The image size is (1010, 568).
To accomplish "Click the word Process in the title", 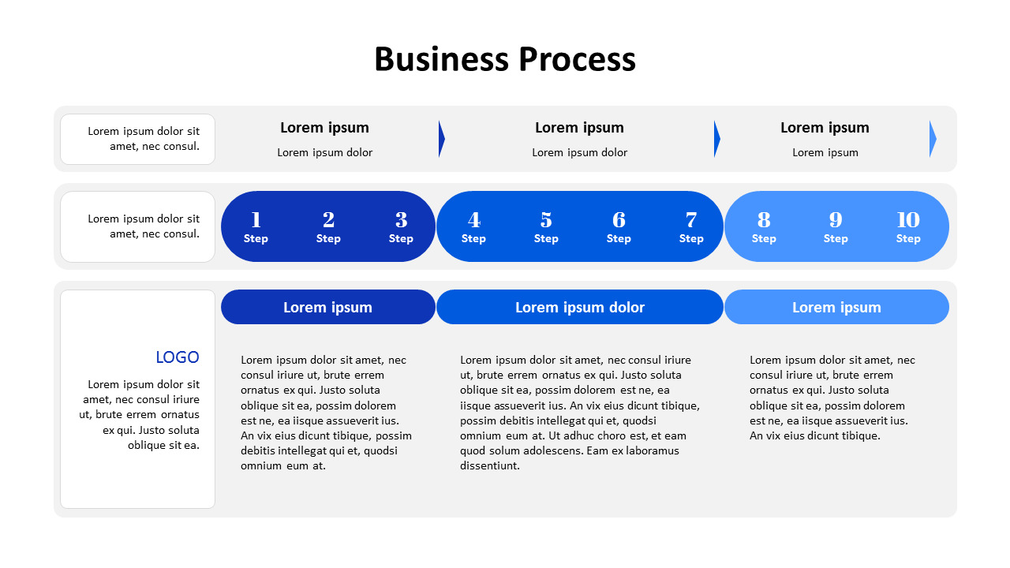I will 577,60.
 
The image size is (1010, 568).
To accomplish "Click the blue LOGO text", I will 178,357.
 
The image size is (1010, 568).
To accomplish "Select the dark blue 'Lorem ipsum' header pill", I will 327,308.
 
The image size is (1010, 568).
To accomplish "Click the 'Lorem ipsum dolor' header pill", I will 580,308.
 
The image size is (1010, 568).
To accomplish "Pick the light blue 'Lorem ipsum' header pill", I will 836,308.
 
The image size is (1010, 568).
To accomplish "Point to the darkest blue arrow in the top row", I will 442,139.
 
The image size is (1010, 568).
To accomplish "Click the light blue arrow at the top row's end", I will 933,139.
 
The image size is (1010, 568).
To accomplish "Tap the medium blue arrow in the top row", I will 717,139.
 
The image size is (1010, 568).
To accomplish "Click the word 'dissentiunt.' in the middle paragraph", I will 490,465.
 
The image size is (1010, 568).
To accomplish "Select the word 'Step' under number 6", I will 619,239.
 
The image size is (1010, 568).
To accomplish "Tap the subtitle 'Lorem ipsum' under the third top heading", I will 825,153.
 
